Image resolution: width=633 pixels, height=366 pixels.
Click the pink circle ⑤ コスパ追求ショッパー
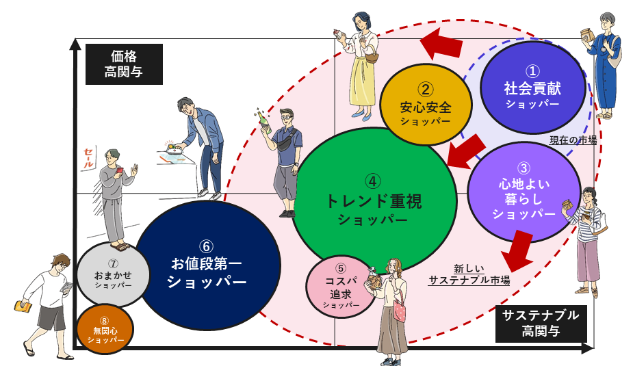pyautogui.click(x=341, y=287)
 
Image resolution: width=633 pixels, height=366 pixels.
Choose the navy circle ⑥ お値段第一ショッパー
pyautogui.click(x=207, y=264)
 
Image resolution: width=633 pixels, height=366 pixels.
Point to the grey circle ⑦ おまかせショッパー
pyautogui.click(x=113, y=274)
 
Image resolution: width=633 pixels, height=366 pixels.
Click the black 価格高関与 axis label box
pyautogui.click(x=124, y=64)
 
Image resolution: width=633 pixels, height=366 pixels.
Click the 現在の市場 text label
pyautogui.click(x=573, y=140)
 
